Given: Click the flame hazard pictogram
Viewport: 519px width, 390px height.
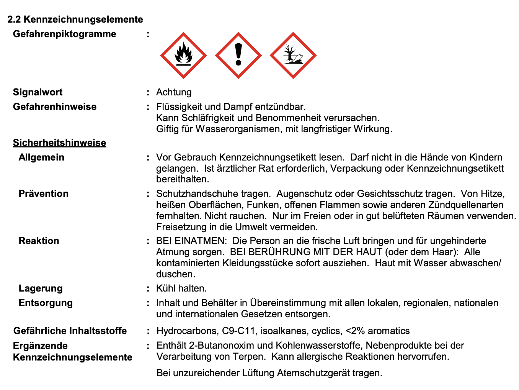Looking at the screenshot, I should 183,56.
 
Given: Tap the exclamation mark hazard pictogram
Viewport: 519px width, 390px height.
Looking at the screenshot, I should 238,56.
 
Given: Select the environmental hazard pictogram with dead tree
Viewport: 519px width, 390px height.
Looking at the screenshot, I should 293,56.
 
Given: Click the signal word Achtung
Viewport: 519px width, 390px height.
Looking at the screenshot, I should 174,92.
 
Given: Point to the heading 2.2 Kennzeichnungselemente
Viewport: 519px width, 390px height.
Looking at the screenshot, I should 75,20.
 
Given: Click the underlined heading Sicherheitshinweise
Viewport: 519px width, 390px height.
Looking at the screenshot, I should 59,143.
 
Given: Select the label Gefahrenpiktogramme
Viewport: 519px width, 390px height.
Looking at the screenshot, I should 64,34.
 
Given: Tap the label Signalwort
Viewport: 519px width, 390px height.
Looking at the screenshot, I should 38,92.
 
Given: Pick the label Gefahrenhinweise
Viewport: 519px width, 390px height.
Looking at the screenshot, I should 55,107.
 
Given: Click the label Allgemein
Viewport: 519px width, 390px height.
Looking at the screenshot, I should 41,157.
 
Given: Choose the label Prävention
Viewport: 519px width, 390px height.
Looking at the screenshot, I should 44,194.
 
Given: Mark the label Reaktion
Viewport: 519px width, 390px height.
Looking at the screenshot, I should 39,241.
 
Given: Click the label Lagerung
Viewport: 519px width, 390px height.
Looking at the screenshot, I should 41,288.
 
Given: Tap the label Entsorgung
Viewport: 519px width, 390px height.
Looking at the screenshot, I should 46,303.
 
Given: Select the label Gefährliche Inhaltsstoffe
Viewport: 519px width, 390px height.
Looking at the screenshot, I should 70,331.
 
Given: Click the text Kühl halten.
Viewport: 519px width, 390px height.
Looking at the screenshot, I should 181,288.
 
